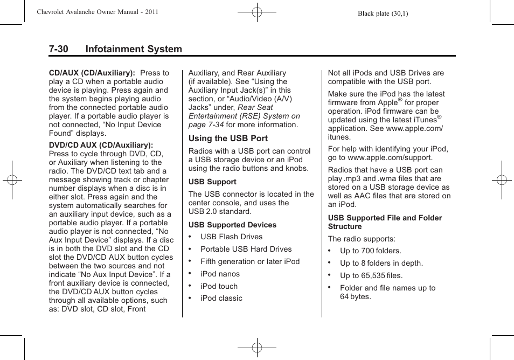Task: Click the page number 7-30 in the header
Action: click(58, 49)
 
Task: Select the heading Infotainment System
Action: click(133, 49)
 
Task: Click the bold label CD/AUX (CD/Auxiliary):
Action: click(92, 73)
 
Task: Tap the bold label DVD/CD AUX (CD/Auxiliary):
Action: click(101, 145)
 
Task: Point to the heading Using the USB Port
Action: click(228, 139)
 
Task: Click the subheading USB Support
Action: click(212, 182)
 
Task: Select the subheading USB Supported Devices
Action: click(232, 225)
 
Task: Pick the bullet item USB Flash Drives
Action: click(231, 237)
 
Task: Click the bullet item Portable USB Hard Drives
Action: click(246, 250)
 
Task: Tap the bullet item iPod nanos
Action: click(220, 274)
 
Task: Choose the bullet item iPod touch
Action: click(219, 286)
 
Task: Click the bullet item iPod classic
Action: click(221, 298)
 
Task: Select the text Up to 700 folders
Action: click(370, 251)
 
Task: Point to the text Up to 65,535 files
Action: click(371, 275)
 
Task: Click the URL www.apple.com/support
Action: click(390, 158)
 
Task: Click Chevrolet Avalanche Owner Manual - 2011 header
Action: click(97, 12)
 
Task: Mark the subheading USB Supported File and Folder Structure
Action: click(385, 222)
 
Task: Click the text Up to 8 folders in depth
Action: click(381, 263)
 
